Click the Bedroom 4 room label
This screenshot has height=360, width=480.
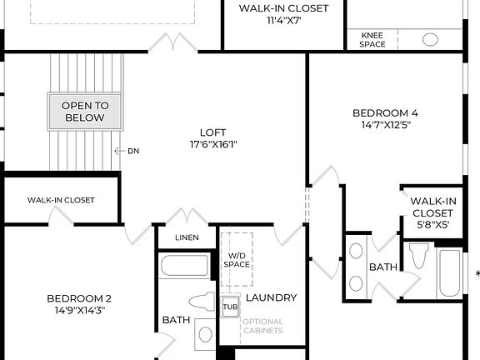coord(385,112)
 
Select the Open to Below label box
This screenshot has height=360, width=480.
coord(85,112)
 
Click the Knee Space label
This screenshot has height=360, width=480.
coord(372,39)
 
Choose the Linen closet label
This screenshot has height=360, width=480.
coord(187,237)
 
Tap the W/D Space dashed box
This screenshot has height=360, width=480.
coord(237,259)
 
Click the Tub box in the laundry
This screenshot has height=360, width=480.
coord(230,307)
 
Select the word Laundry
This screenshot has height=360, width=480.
coord(272,297)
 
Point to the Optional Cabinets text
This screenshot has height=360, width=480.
coord(262,326)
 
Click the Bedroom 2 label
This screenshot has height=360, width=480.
coord(79,298)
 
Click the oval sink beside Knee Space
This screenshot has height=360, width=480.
coord(430,39)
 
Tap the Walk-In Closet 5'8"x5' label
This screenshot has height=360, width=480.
coord(432,212)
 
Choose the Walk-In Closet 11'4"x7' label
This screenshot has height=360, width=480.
coord(283,14)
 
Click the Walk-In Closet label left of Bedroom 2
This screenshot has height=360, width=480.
coord(61,200)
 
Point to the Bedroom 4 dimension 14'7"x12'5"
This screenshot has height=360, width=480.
coord(385,124)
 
